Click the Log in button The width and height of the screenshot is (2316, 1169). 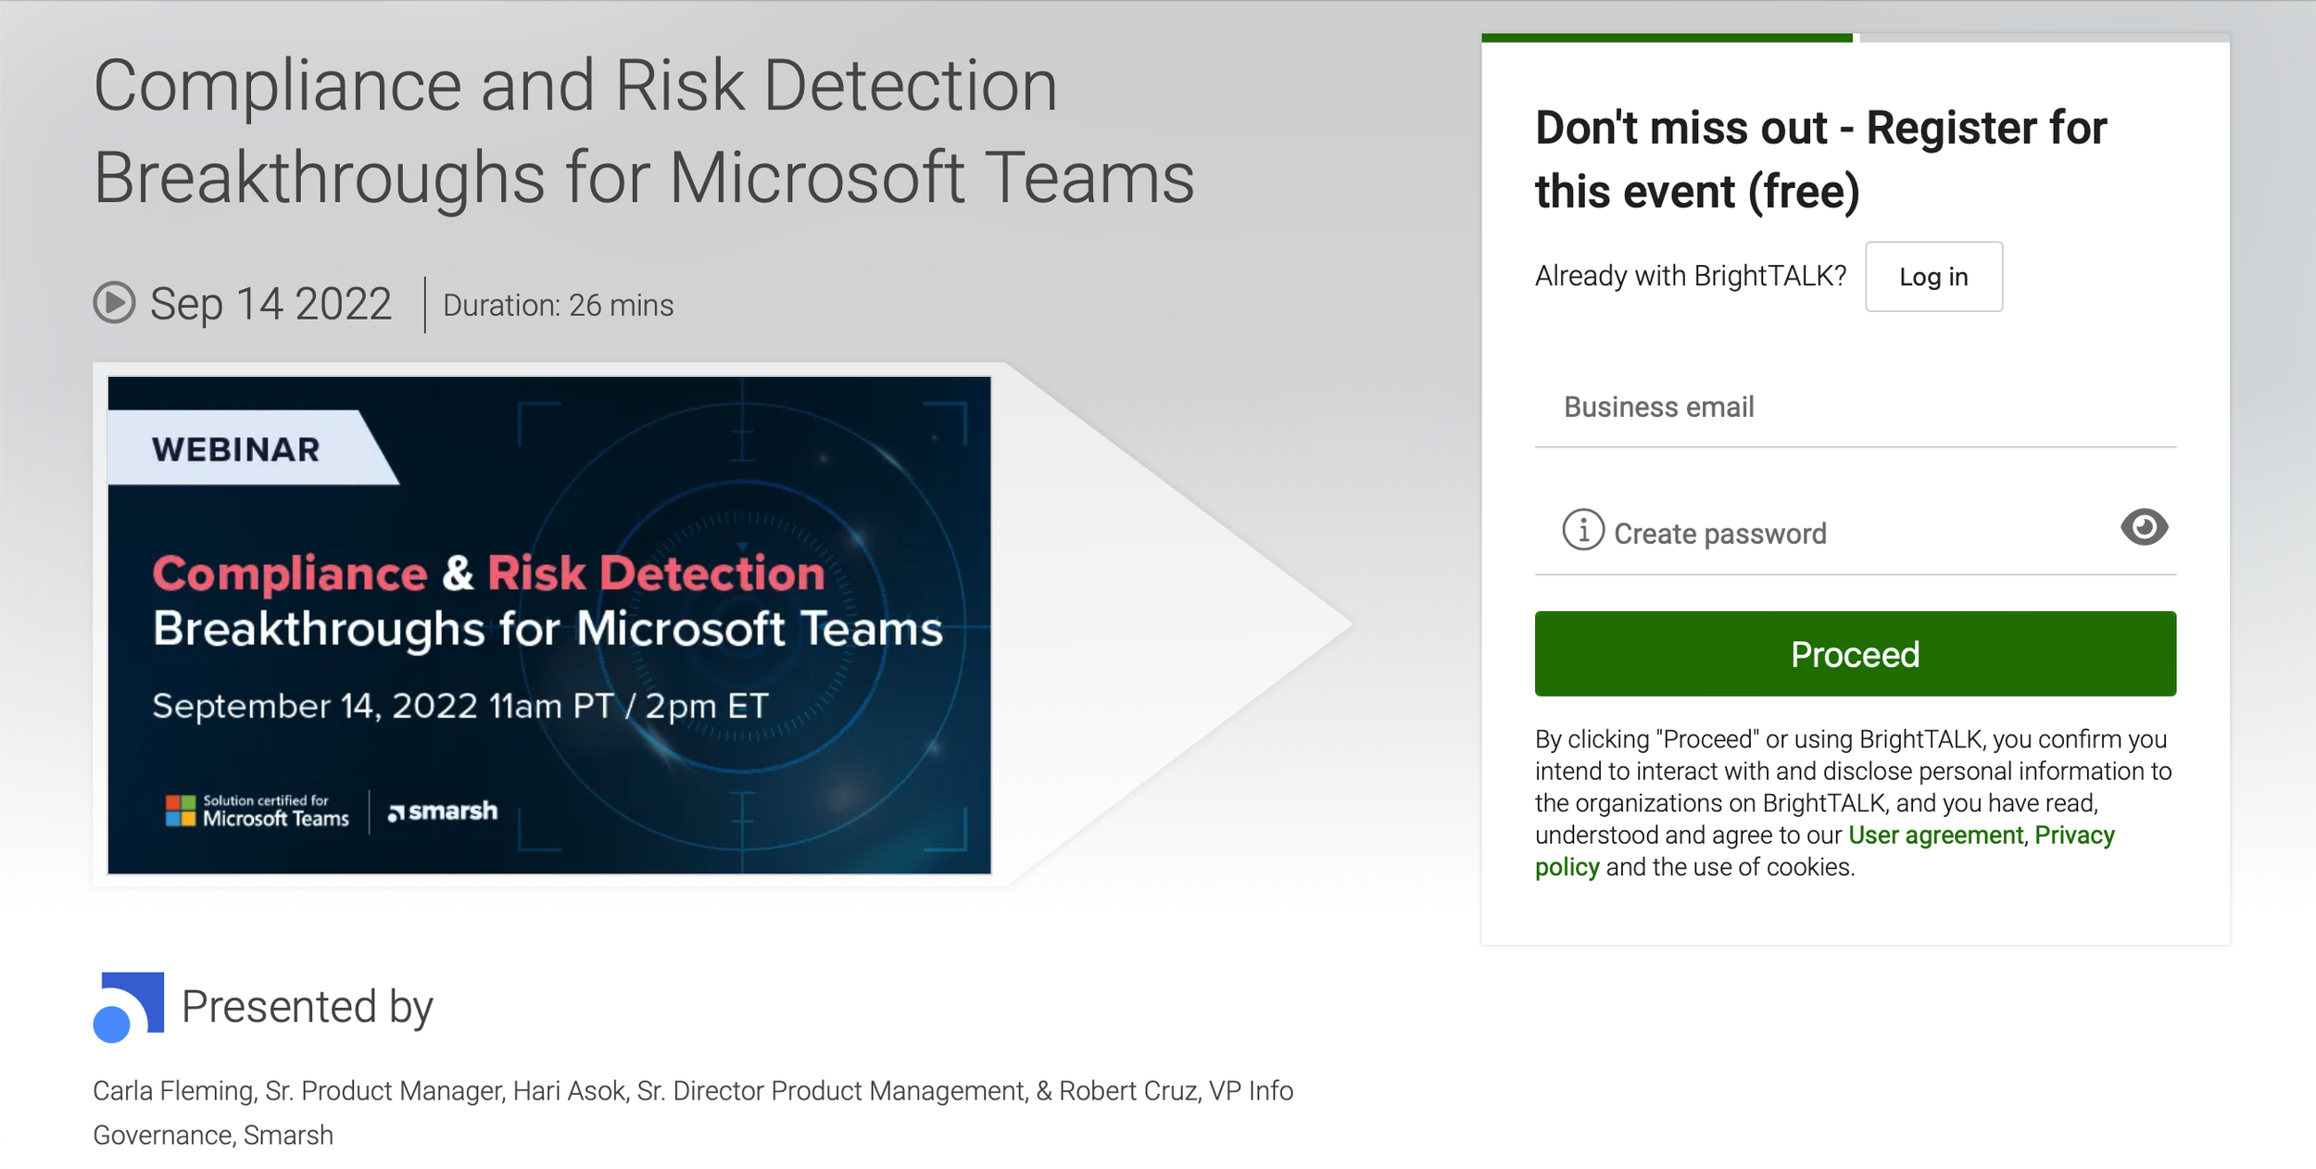tap(1933, 277)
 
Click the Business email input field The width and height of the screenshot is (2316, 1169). tap(1855, 408)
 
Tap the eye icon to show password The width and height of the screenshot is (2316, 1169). tap(2144, 527)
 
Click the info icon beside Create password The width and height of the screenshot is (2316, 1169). tap(1583, 530)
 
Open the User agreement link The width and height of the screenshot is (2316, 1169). tap(1935, 836)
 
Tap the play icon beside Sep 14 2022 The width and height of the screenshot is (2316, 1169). tap(115, 303)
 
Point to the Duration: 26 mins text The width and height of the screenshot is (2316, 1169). tap(558, 306)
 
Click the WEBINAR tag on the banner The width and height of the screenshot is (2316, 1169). tap(236, 449)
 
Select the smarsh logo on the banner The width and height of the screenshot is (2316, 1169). tap(443, 811)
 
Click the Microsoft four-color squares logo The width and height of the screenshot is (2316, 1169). tap(181, 811)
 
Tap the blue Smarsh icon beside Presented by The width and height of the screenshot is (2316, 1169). tap(129, 1007)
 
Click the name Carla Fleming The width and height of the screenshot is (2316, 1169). tap(173, 1091)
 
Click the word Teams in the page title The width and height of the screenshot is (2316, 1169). tap(1089, 178)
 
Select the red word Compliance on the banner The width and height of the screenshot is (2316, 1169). tap(290, 573)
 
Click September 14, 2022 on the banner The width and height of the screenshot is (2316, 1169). tap(315, 707)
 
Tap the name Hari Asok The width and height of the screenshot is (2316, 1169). tap(569, 1091)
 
